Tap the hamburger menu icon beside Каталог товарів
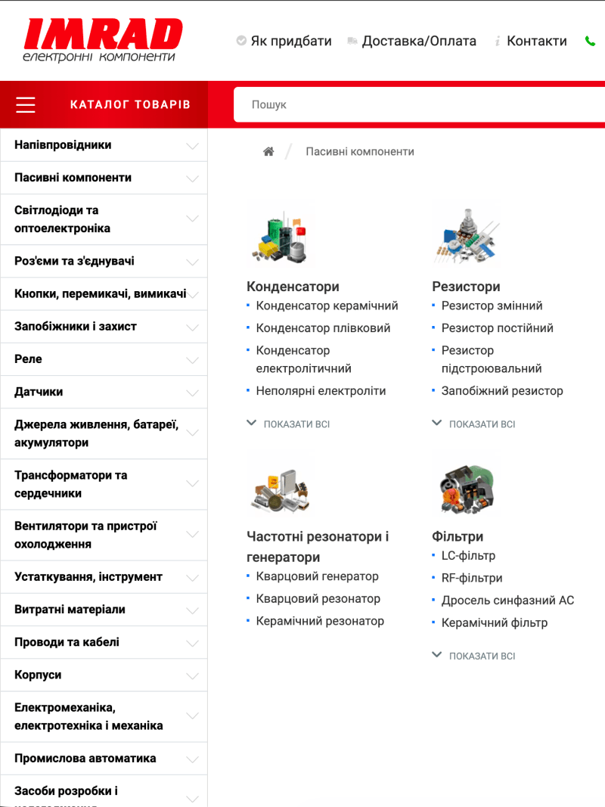[26, 104]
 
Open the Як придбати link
[291, 41]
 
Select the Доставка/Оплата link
[419, 41]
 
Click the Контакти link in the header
[536, 41]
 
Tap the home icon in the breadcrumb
[268, 151]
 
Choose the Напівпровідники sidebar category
[63, 144]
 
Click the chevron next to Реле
[192, 360]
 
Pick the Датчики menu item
[39, 392]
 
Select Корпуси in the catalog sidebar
[38, 675]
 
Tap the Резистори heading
[466, 287]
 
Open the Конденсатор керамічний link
[327, 306]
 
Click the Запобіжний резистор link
[502, 391]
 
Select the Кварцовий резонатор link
[318, 598]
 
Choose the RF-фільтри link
[472, 578]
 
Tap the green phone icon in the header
[590, 41]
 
